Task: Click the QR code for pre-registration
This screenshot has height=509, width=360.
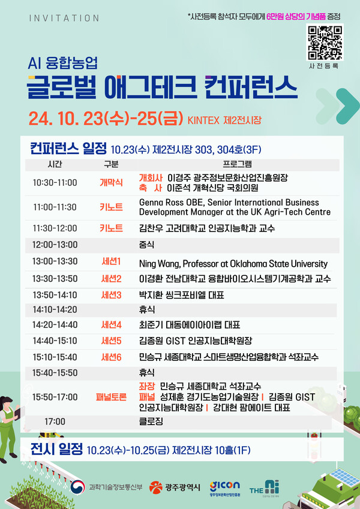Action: tap(325, 40)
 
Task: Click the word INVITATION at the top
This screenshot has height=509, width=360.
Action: tap(64, 18)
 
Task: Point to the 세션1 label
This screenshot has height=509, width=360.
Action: tap(111, 261)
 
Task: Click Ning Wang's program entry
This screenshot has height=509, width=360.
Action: tap(233, 263)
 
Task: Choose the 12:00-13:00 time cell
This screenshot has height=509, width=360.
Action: tap(55, 245)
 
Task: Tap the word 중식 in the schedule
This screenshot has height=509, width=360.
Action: tap(146, 245)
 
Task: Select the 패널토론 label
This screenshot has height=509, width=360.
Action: tap(111, 396)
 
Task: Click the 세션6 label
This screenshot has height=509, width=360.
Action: tap(111, 357)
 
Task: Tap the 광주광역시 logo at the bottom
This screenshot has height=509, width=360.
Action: tap(175, 486)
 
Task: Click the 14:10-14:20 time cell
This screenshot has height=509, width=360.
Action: tap(55, 309)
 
